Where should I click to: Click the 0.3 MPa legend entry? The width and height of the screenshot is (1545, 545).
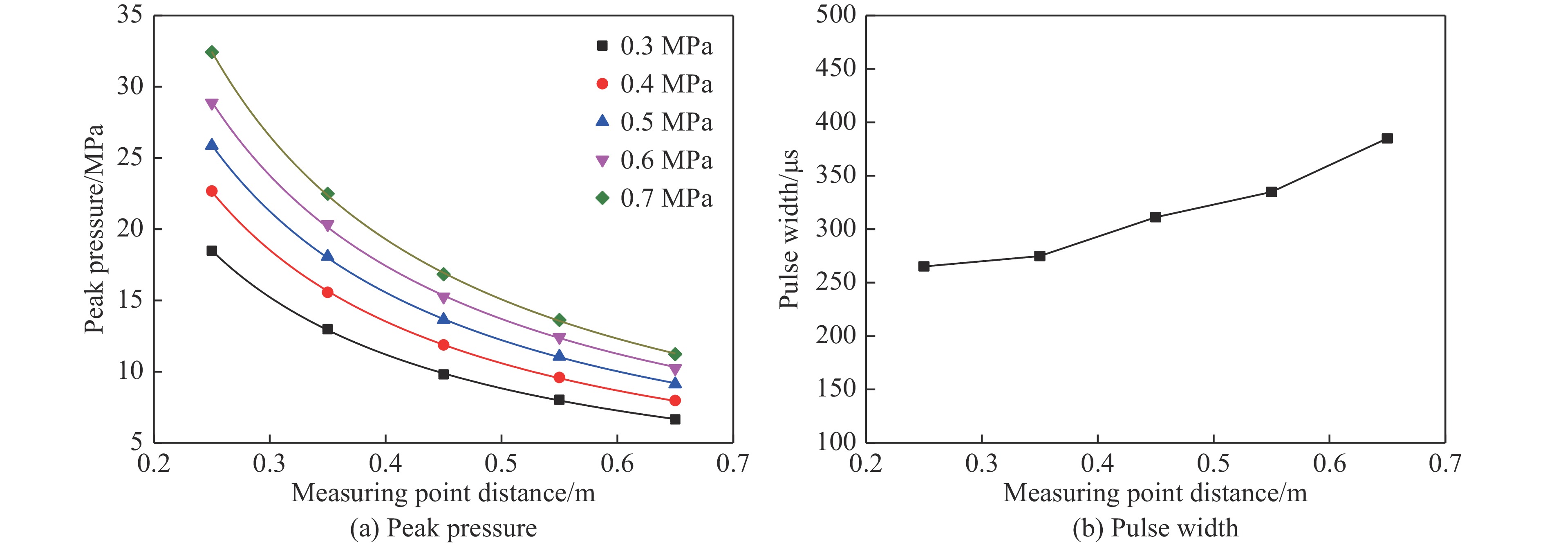pyautogui.click(x=654, y=46)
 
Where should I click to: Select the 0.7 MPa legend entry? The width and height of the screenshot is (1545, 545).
pyautogui.click(x=654, y=199)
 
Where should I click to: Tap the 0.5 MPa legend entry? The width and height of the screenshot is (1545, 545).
pyautogui.click(x=654, y=122)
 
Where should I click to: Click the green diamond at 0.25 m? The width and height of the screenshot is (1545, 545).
pyautogui.click(x=212, y=52)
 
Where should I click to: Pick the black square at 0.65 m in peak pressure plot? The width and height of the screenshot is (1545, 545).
pyautogui.click(x=675, y=419)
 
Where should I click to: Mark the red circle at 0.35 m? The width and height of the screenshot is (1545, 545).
pyautogui.click(x=327, y=292)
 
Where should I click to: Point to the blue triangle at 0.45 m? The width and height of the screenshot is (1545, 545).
pyautogui.click(x=443, y=318)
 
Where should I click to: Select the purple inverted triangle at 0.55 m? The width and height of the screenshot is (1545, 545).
pyautogui.click(x=559, y=338)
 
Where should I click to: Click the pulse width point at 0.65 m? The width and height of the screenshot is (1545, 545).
pyautogui.click(x=1387, y=138)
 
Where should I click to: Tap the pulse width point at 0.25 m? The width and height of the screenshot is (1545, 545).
pyautogui.click(x=924, y=266)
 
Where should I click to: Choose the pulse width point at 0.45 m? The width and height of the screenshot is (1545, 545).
pyautogui.click(x=1155, y=217)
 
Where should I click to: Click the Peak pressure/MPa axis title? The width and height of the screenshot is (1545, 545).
pyautogui.click(x=94, y=229)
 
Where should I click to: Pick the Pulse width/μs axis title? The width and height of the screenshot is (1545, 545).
pyautogui.click(x=789, y=229)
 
